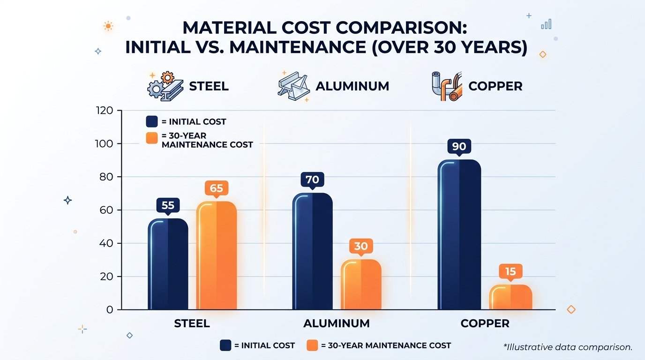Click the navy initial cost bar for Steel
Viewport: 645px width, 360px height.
[168, 265]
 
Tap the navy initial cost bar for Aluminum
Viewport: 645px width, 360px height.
[312, 252]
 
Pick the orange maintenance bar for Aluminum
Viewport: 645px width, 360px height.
[360, 285]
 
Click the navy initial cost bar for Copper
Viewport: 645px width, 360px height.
[459, 235]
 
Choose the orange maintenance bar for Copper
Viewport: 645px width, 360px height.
[510, 298]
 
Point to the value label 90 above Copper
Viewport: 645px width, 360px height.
[459, 147]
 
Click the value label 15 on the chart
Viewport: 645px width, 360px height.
[510, 271]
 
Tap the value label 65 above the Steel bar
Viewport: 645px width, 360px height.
[216, 188]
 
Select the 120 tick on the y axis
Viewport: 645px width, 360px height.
[104, 111]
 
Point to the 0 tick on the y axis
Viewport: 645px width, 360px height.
[109, 310]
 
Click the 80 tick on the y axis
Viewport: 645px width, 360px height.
[106, 177]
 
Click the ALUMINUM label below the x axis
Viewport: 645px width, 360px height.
[336, 324]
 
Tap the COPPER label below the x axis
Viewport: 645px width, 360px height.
[485, 324]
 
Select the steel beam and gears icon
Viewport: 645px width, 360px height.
[164, 86]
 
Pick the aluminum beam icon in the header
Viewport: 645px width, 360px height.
[292, 86]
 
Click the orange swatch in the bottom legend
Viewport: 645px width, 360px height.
[313, 345]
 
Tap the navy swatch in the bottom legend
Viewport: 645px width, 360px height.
[225, 345]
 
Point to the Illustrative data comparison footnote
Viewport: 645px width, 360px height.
[568, 347]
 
